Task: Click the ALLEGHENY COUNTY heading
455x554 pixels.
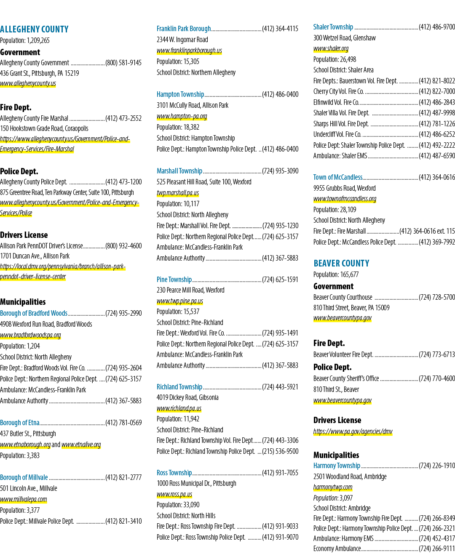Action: (x=34, y=29)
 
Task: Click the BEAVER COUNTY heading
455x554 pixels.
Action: (x=341, y=263)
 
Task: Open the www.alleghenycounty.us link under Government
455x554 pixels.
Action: (x=28, y=83)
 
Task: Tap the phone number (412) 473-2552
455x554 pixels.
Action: (x=123, y=118)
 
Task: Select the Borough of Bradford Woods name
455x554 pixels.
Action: (x=34, y=313)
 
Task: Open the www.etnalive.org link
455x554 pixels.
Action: (x=81, y=445)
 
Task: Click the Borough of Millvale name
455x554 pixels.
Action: (x=24, y=477)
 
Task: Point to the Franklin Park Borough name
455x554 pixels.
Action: (x=184, y=29)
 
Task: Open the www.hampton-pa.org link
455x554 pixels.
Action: (x=182, y=116)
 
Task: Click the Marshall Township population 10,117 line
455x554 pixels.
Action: (x=178, y=204)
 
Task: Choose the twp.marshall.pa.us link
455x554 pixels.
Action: (x=178, y=193)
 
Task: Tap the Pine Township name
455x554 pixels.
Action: (x=174, y=280)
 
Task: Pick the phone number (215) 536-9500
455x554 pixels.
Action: (x=280, y=451)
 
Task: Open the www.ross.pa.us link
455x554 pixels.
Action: (x=174, y=494)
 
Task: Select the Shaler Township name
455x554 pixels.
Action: (x=333, y=27)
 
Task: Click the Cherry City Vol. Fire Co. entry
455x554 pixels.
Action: (x=339, y=91)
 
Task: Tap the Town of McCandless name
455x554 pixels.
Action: (x=338, y=177)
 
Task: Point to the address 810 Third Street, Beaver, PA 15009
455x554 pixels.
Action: (x=351, y=308)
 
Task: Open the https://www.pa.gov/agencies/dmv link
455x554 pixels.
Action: (x=353, y=431)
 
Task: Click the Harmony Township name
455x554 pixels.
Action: (x=337, y=466)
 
